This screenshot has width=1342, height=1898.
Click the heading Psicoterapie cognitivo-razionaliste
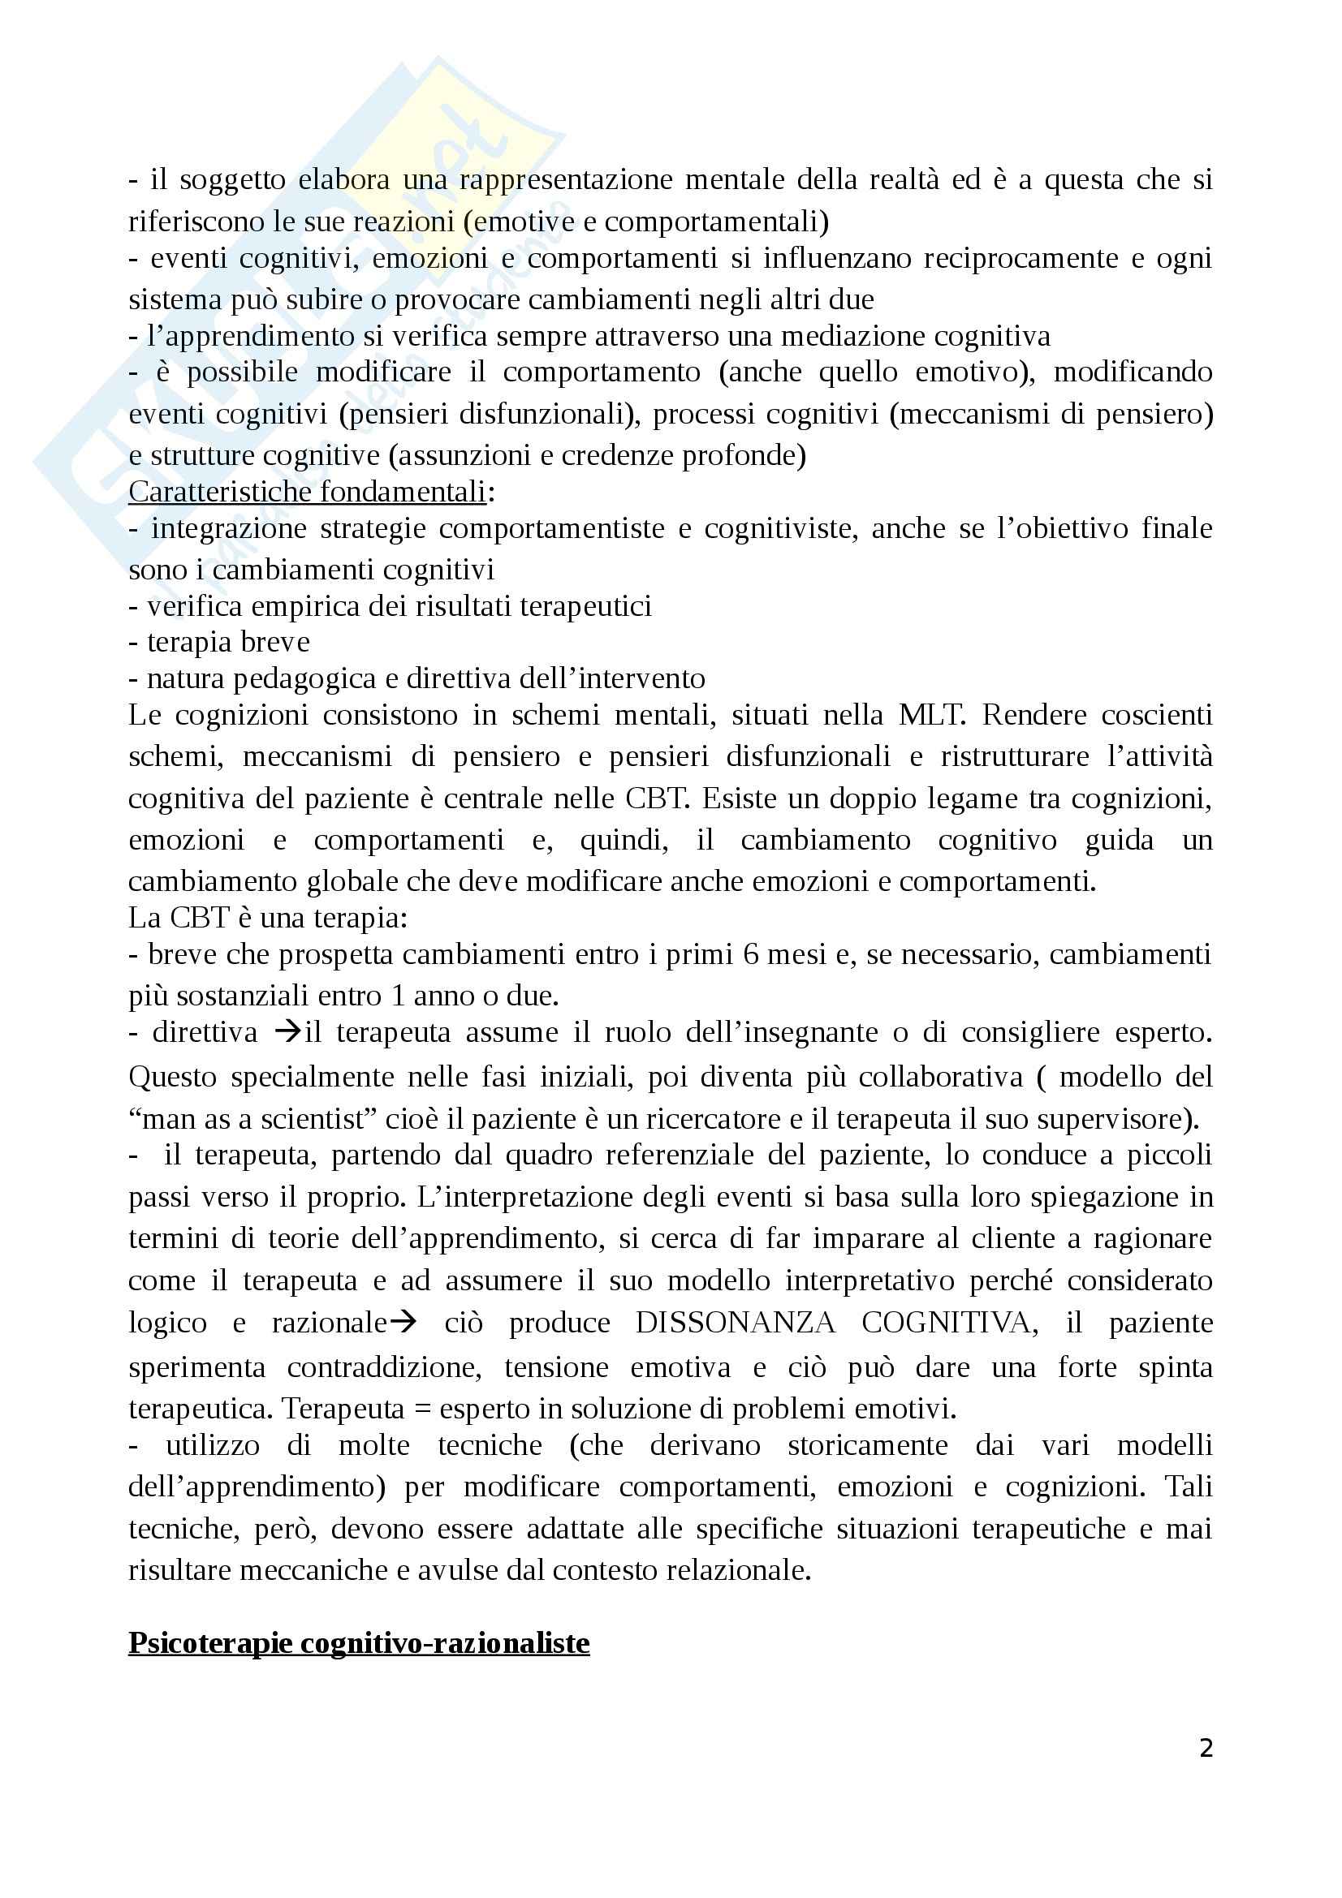coord(359,1642)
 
